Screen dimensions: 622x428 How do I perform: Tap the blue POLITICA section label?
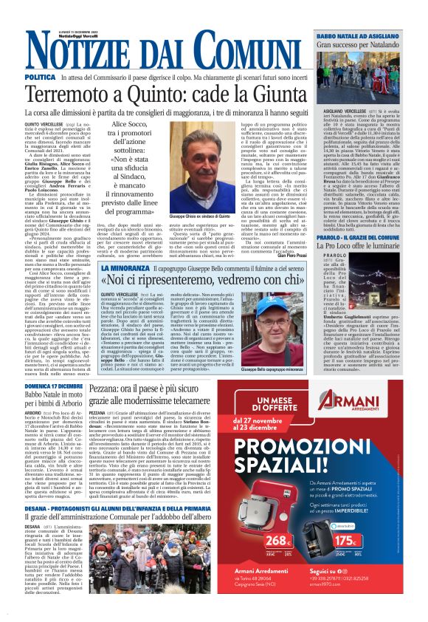(x=40, y=77)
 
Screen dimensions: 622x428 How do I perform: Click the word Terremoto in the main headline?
(x=70, y=95)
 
